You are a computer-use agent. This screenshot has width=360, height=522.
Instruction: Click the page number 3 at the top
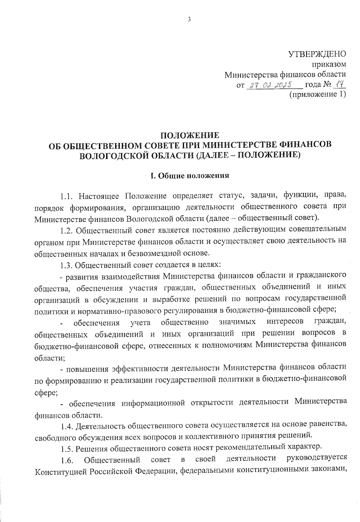(189, 20)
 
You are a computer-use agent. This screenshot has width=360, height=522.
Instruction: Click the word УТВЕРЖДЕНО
(317, 54)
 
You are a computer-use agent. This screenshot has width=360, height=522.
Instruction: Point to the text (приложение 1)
(317, 95)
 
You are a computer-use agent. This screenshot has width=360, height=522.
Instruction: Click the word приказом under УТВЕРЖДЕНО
(329, 64)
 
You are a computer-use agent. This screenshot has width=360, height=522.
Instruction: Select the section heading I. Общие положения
(190, 176)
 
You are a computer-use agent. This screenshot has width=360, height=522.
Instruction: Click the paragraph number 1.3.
(66, 265)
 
